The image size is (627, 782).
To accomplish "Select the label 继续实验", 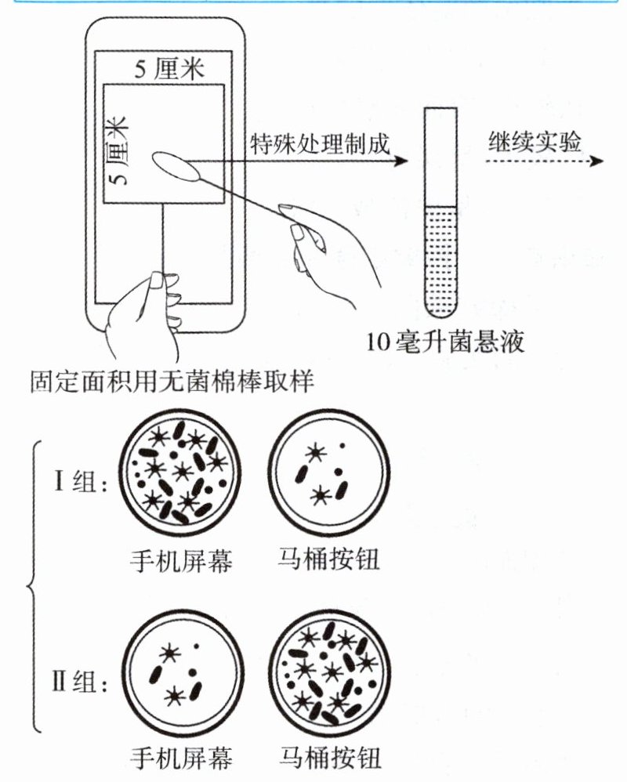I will coord(535,142).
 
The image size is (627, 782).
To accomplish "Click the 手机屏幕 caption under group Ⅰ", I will coord(180,560).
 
